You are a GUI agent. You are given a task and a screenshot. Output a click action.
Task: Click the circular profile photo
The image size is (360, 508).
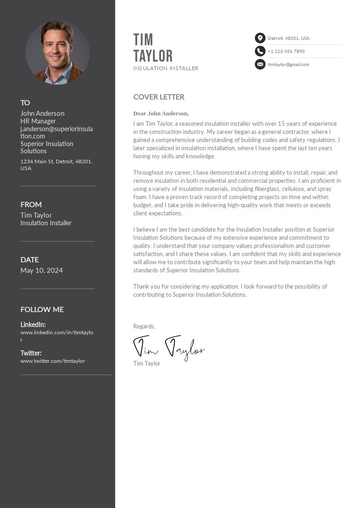pyautogui.click(x=58, y=53)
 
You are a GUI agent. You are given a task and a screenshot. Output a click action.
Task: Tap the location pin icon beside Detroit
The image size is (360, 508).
pyautogui.click(x=260, y=38)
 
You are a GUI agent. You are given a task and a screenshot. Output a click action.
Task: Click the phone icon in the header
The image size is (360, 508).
pyautogui.click(x=260, y=51)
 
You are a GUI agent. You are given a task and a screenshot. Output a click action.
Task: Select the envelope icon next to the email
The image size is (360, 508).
pyautogui.click(x=260, y=64)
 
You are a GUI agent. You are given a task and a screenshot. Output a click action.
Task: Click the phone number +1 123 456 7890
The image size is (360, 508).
pyautogui.click(x=286, y=51)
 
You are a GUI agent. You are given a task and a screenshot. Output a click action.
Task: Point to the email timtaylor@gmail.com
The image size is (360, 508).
pyautogui.click(x=288, y=64)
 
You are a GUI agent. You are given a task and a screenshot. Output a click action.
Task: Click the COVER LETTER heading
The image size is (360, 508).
pyautogui.click(x=159, y=97)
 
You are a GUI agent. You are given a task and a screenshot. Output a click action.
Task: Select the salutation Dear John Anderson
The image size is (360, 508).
pyautogui.click(x=161, y=113)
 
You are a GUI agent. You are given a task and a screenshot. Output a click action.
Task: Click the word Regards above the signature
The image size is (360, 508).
pyautogui.click(x=144, y=326)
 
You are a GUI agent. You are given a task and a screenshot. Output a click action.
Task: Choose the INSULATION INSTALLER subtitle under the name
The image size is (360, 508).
pyautogui.click(x=166, y=68)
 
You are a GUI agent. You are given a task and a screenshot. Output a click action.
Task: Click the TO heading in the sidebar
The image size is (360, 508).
pyautogui.click(x=25, y=103)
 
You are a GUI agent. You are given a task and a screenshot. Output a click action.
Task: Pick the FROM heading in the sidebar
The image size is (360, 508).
pyautogui.click(x=31, y=205)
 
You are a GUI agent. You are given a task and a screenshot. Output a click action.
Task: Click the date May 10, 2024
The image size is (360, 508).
pyautogui.click(x=42, y=270)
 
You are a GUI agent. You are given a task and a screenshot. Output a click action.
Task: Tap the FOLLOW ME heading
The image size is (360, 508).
pyautogui.click(x=42, y=309)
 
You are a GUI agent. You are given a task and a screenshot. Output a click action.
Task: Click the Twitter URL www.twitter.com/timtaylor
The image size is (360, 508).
pyautogui.click(x=53, y=361)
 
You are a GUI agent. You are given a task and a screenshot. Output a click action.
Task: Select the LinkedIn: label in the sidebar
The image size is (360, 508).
pyautogui.click(x=33, y=324)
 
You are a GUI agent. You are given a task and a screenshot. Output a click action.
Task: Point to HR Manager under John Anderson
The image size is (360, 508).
pyautogui.click(x=38, y=121)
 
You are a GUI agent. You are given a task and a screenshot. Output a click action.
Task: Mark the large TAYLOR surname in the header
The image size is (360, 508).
pyautogui.click(x=153, y=56)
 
